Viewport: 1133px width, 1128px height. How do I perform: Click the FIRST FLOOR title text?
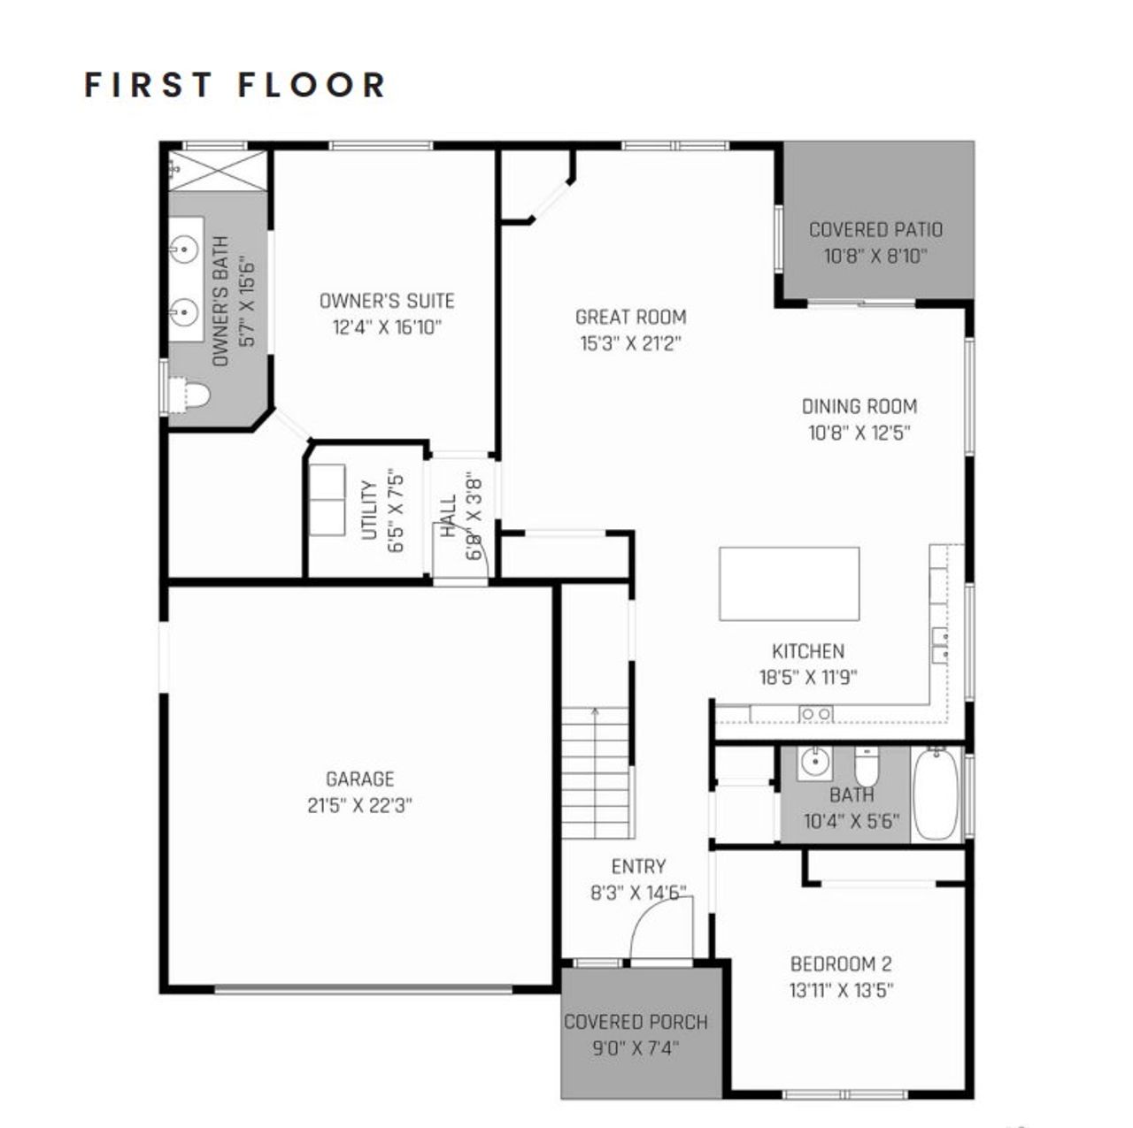[235, 85]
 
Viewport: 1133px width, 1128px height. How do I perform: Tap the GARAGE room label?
[359, 779]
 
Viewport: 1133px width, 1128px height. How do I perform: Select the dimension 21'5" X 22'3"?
[359, 806]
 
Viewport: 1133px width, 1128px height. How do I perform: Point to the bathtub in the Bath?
[936, 794]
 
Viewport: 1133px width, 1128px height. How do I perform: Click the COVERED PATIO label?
[875, 230]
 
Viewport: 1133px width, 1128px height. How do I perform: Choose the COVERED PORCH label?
[636, 1023]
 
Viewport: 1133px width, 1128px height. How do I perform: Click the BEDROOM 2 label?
[841, 964]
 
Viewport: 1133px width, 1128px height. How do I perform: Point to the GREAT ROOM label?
[630, 317]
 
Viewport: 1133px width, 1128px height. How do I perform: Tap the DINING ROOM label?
[859, 407]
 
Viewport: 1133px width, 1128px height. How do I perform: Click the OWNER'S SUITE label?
[387, 301]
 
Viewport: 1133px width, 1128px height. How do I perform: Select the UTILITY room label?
[370, 510]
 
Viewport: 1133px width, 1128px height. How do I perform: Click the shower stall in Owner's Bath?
[218, 170]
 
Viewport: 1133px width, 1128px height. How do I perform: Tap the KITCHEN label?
[808, 652]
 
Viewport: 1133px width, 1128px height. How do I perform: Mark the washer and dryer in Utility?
[327, 500]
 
